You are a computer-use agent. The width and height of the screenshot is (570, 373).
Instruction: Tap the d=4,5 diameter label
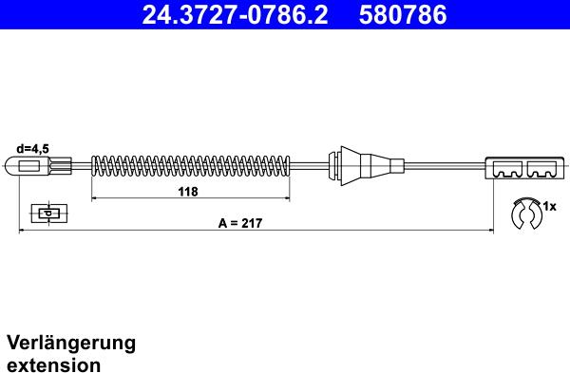[x=33, y=149]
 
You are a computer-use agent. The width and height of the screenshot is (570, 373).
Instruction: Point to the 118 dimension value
[x=188, y=193]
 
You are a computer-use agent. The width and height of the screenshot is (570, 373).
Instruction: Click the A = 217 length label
[x=239, y=223]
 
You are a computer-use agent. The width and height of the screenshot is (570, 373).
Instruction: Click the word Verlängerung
[x=71, y=343]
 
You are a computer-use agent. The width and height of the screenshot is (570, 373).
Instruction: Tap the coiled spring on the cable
[x=190, y=168]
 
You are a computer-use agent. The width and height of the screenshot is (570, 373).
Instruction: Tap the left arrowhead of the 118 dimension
[x=94, y=199]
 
